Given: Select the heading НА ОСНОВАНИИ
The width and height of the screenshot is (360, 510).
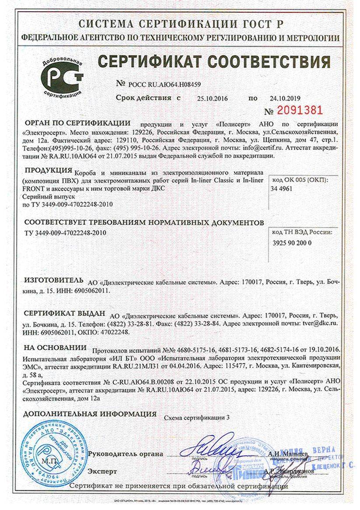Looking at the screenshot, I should (x=55, y=348).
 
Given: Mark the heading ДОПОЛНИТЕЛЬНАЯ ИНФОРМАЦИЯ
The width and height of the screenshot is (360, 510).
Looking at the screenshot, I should (x=89, y=413).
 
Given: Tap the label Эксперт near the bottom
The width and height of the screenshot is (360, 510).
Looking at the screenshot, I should (x=102, y=471).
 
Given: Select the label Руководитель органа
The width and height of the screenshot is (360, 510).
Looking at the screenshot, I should (x=126, y=454).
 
